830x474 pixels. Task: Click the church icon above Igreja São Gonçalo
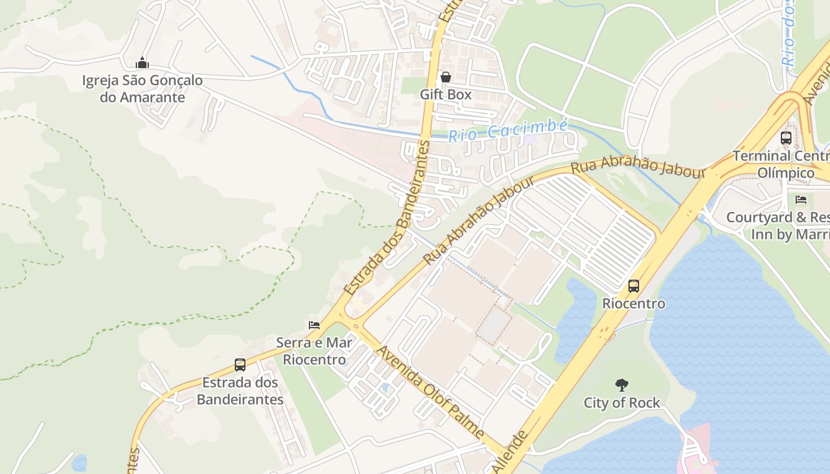click(x=142, y=63)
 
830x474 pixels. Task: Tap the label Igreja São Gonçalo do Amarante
click(x=142, y=89)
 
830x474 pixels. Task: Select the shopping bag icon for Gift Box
click(x=445, y=77)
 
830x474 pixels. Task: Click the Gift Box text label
click(x=445, y=94)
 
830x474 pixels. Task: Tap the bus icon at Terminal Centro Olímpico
click(x=786, y=138)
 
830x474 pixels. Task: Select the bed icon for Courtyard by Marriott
click(x=801, y=200)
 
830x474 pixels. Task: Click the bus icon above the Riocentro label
click(x=634, y=286)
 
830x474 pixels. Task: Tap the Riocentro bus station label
click(x=634, y=304)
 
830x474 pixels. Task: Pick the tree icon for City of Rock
click(x=621, y=385)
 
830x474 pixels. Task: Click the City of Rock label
click(x=621, y=403)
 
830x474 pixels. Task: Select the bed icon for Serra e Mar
click(x=314, y=325)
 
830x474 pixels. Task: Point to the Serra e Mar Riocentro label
click(x=314, y=351)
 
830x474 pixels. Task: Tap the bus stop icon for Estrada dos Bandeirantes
click(x=240, y=365)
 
